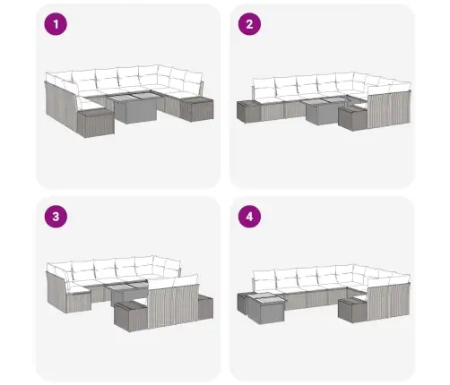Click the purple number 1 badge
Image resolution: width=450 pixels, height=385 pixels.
coord(56,24)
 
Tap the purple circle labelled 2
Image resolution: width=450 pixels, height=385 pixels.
coord(249,24)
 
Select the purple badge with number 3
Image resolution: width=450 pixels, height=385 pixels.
coord(56,217)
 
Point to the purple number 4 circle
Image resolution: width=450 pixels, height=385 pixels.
coord(249,217)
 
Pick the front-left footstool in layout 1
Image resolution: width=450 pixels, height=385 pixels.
coord(96,123)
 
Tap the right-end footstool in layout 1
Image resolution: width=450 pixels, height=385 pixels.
coord(196,109)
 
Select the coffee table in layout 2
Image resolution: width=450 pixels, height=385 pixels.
coord(325,111)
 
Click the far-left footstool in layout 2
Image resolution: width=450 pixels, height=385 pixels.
coord(249,112)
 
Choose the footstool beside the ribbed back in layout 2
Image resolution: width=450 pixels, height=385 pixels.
coord(352,118)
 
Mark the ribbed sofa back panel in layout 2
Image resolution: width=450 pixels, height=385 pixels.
coord(389,110)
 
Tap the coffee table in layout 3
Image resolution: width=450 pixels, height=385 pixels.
coord(128,293)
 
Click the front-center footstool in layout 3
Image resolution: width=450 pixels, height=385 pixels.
coord(131,316)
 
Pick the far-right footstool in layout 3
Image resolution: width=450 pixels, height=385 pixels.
coord(205,307)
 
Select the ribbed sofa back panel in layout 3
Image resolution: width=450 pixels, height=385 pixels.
coord(173,305)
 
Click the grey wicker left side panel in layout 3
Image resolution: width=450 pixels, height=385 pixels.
coord(56,292)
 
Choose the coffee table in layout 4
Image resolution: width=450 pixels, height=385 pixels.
coord(264,307)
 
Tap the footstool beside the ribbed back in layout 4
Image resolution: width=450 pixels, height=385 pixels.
coord(352,310)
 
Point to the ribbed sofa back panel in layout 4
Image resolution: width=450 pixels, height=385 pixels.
coord(389,302)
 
